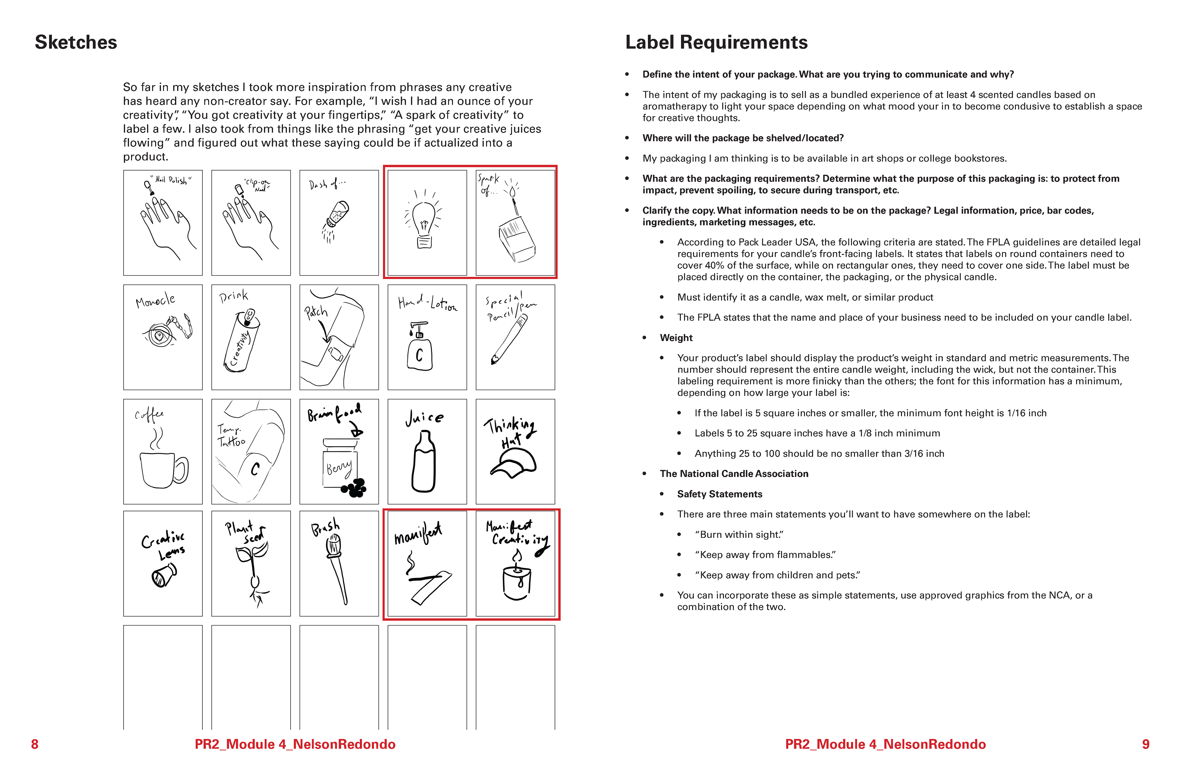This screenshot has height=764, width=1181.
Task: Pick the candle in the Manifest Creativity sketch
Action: coord(517,580)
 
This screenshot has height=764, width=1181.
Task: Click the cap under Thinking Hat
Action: coord(514,464)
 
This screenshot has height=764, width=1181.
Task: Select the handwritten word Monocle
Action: coord(155,300)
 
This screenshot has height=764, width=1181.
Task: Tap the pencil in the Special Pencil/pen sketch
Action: coord(509,340)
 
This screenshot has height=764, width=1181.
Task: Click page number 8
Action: coord(35,744)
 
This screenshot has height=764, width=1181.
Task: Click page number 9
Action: coord(1146,744)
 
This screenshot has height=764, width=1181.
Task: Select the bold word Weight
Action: coord(676,338)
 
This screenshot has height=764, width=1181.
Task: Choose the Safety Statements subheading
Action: coord(719,494)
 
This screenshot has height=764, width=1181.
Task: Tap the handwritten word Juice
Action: coord(424,418)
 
